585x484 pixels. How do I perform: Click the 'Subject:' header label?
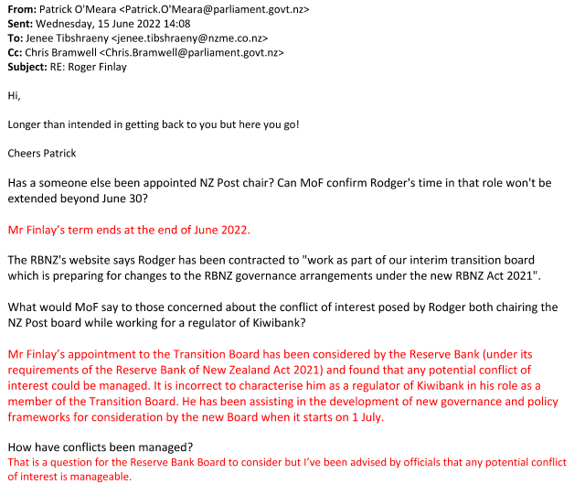pos(29,68)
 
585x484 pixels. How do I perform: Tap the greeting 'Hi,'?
pos(14,95)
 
